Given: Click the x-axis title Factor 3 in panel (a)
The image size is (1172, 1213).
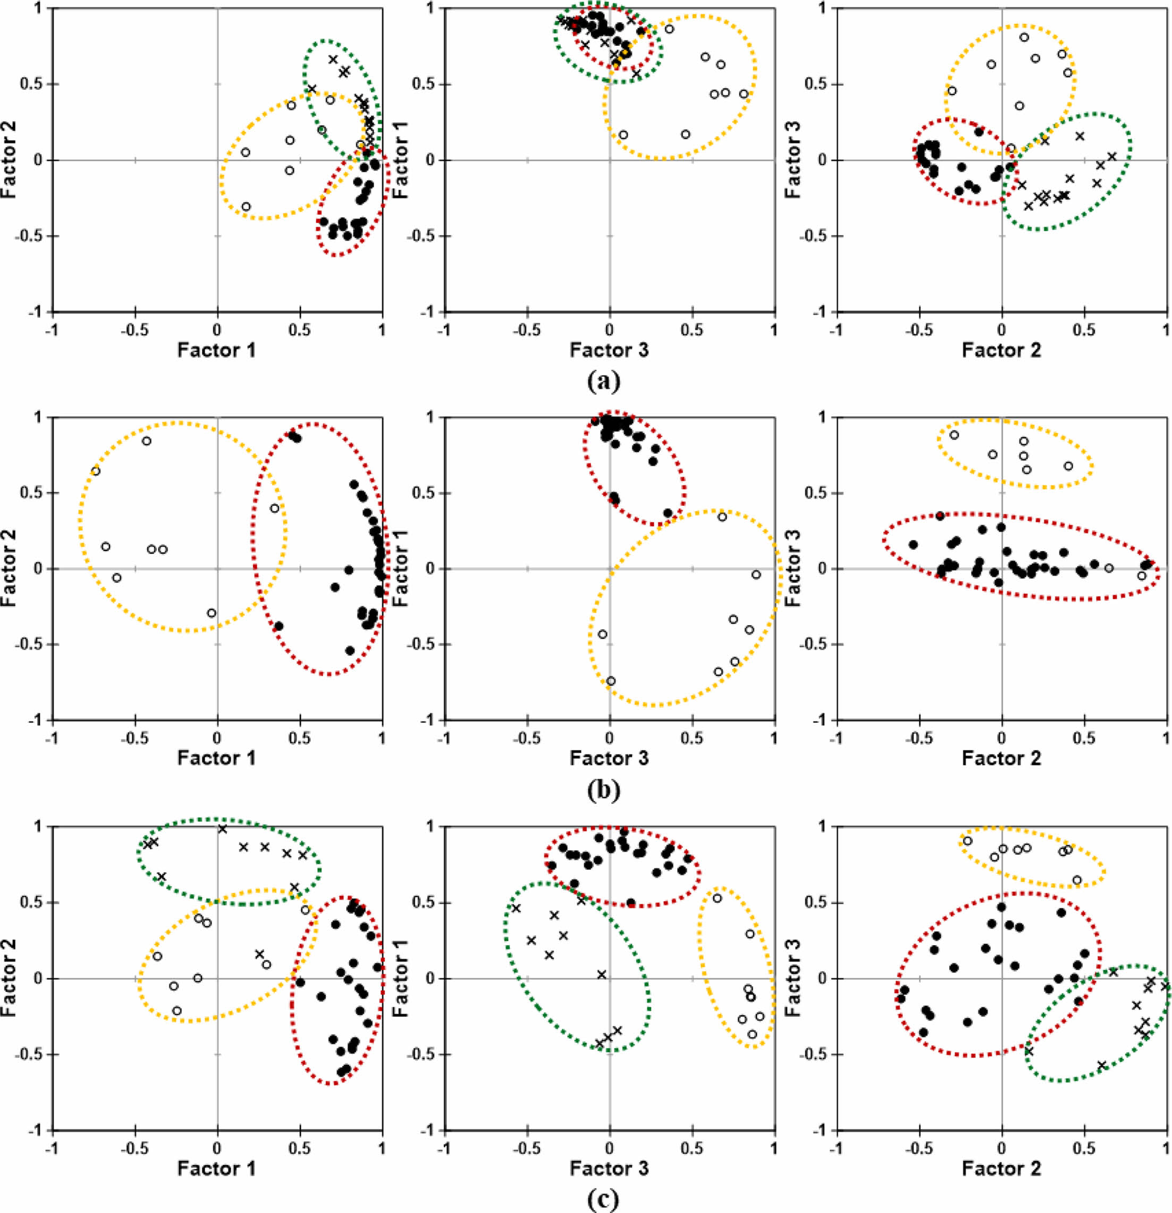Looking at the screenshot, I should pyautogui.click(x=609, y=350).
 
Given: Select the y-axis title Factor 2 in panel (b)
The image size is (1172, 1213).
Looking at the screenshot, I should pyautogui.click(x=9, y=567).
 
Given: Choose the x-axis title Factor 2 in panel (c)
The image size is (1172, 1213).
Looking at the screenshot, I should pyautogui.click(x=1001, y=1168).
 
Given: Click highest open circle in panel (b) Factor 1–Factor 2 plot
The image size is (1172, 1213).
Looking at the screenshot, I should pyautogui.click(x=147, y=440).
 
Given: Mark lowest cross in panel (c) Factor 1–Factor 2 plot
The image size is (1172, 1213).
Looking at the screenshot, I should pyautogui.click(x=259, y=954).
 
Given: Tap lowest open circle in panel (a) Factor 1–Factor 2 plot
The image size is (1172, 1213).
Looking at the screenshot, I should pyautogui.click(x=246, y=206).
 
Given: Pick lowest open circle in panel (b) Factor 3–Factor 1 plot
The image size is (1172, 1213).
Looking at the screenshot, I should pyautogui.click(x=611, y=681).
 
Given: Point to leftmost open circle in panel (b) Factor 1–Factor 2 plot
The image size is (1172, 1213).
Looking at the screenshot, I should pyautogui.click(x=95, y=471).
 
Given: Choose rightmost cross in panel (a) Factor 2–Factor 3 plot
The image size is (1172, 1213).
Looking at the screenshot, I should pyautogui.click(x=1112, y=157).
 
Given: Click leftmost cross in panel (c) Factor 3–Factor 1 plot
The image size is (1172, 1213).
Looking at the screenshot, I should pyautogui.click(x=516, y=909).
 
